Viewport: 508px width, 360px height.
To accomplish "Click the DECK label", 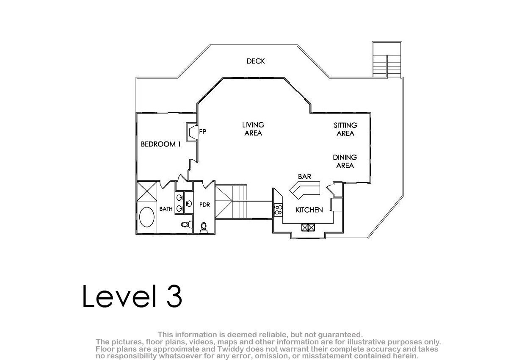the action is coord(256,61).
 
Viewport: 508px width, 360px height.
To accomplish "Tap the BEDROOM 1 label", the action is coord(160,144).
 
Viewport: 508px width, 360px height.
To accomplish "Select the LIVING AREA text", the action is coord(253,129).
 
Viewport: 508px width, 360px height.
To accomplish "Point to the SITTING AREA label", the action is coord(345,129).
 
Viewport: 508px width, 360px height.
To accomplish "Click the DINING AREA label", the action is coord(345,161).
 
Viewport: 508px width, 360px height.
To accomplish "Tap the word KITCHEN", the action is coord(309,210).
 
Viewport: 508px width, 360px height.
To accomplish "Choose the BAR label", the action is coord(304,177).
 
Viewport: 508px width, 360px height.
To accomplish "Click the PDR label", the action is coord(204,205).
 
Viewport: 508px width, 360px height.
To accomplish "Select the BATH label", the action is coord(166,209).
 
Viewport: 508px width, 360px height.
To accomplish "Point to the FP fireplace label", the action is coord(202,132).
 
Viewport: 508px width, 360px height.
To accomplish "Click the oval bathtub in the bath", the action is coord(147,217).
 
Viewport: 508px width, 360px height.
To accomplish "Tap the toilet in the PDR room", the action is coord(204,228).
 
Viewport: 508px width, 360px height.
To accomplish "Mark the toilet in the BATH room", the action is coord(187,224).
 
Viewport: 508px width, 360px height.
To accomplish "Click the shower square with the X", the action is coord(147,191).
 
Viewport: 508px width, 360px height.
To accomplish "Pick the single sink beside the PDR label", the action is coord(189,203).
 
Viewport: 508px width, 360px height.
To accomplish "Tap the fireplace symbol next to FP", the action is coord(192,132).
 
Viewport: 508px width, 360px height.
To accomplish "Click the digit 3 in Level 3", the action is coord(174,296).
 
